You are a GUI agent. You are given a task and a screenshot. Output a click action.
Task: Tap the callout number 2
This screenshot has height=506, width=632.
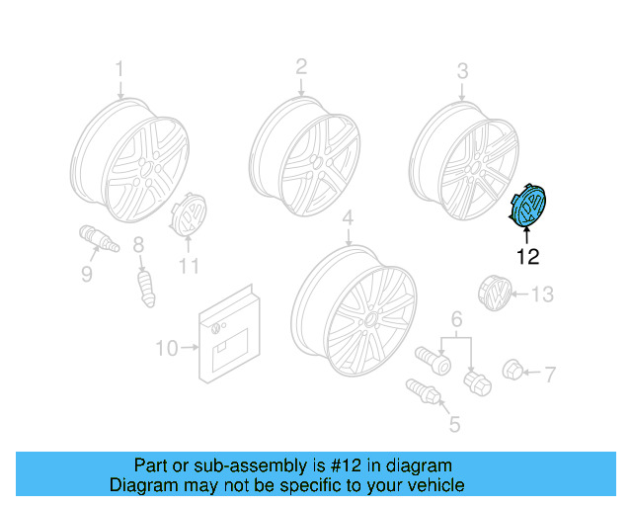pos(301,66)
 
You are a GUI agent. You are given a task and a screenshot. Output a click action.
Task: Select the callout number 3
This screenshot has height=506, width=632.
pos(462,70)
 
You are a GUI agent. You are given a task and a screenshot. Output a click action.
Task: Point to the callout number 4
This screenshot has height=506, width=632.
pos(348,217)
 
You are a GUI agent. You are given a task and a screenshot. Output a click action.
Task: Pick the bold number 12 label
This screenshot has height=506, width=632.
pos(528,258)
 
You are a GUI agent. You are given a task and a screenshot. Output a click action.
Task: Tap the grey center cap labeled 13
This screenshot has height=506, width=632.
pos(498,295)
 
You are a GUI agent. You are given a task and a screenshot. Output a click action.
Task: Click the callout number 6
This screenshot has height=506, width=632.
pos(457,319)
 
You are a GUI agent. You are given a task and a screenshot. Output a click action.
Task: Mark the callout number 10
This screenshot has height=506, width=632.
pos(166,348)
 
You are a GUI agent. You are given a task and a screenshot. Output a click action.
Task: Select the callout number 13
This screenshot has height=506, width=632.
pos(544,295)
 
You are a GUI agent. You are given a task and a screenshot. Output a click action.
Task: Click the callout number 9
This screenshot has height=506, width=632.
pos(87,274)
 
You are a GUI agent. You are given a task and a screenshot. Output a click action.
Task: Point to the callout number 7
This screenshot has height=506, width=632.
pos(550,374)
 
